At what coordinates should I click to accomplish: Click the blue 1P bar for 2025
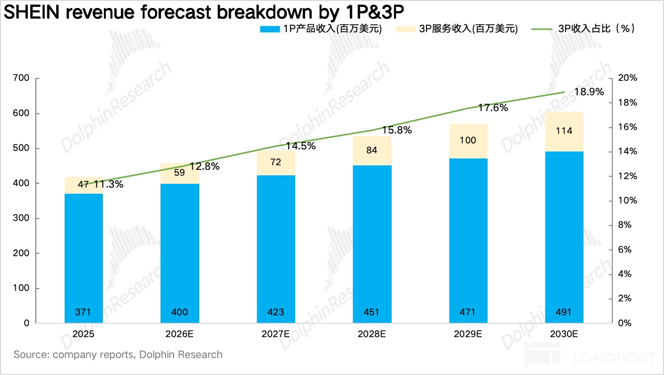[83, 258]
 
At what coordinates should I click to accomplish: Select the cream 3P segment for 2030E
[564, 132]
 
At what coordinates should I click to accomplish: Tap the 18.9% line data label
[589, 92]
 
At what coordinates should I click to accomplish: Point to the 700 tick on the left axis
[21, 78]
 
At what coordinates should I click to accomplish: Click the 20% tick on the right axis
[628, 78]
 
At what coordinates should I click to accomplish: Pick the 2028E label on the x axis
[372, 334]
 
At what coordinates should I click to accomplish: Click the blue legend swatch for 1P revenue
[270, 29]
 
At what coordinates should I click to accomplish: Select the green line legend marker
[542, 29]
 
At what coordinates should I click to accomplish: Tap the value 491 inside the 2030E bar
[564, 312]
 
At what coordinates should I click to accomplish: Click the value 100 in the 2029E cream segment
[468, 140]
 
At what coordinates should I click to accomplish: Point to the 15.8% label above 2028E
[397, 130]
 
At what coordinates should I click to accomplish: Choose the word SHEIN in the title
[32, 12]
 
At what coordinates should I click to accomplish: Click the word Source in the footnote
[31, 355]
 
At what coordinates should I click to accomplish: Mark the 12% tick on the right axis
[628, 176]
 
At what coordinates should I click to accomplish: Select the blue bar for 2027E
[276, 249]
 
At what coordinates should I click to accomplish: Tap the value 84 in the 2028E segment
[372, 150]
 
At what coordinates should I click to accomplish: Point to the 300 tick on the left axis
[21, 218]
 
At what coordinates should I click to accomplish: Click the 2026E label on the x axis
[179, 334]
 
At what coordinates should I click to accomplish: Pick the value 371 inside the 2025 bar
[83, 312]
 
